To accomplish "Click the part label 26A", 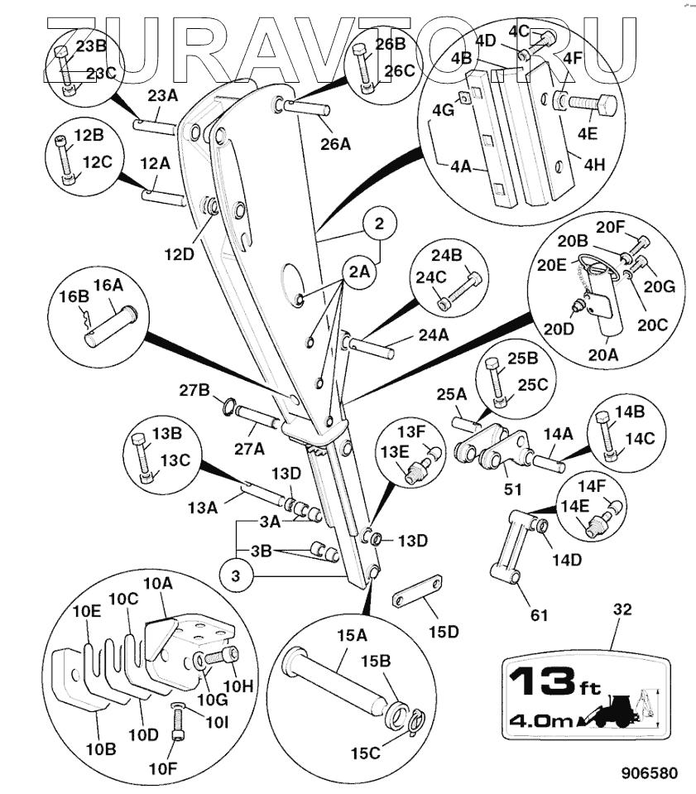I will click(335, 144).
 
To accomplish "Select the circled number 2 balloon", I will click(380, 224).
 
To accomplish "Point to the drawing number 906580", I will click(650, 773).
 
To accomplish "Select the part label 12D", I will click(179, 255).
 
